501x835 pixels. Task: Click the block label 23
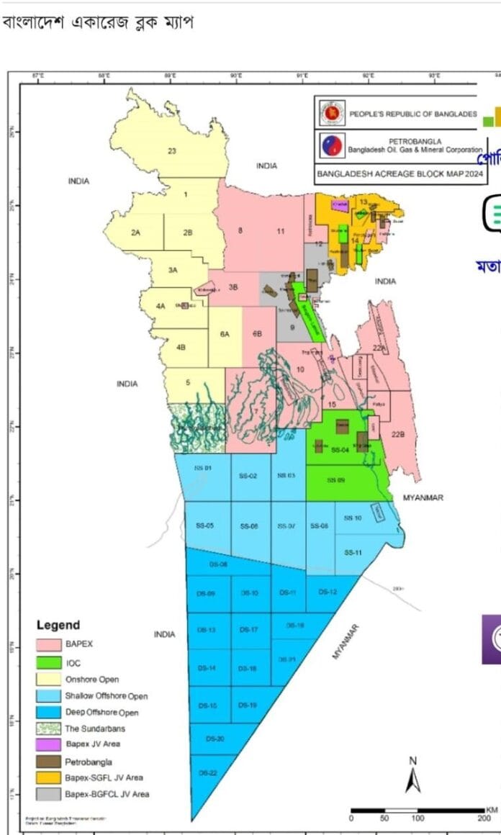coord(171,150)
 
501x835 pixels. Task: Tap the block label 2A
coord(135,233)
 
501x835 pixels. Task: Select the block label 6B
coord(257,334)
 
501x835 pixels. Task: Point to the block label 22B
coord(398,434)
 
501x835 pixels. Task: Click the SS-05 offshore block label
coord(204,525)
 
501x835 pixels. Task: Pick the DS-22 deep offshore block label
coord(207,772)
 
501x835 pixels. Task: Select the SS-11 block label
coord(352,552)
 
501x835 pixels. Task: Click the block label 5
coord(188,382)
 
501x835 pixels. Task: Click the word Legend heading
coord(58,626)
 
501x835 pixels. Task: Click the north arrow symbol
coord(413,778)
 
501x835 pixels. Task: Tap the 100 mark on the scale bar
coord(417,818)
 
